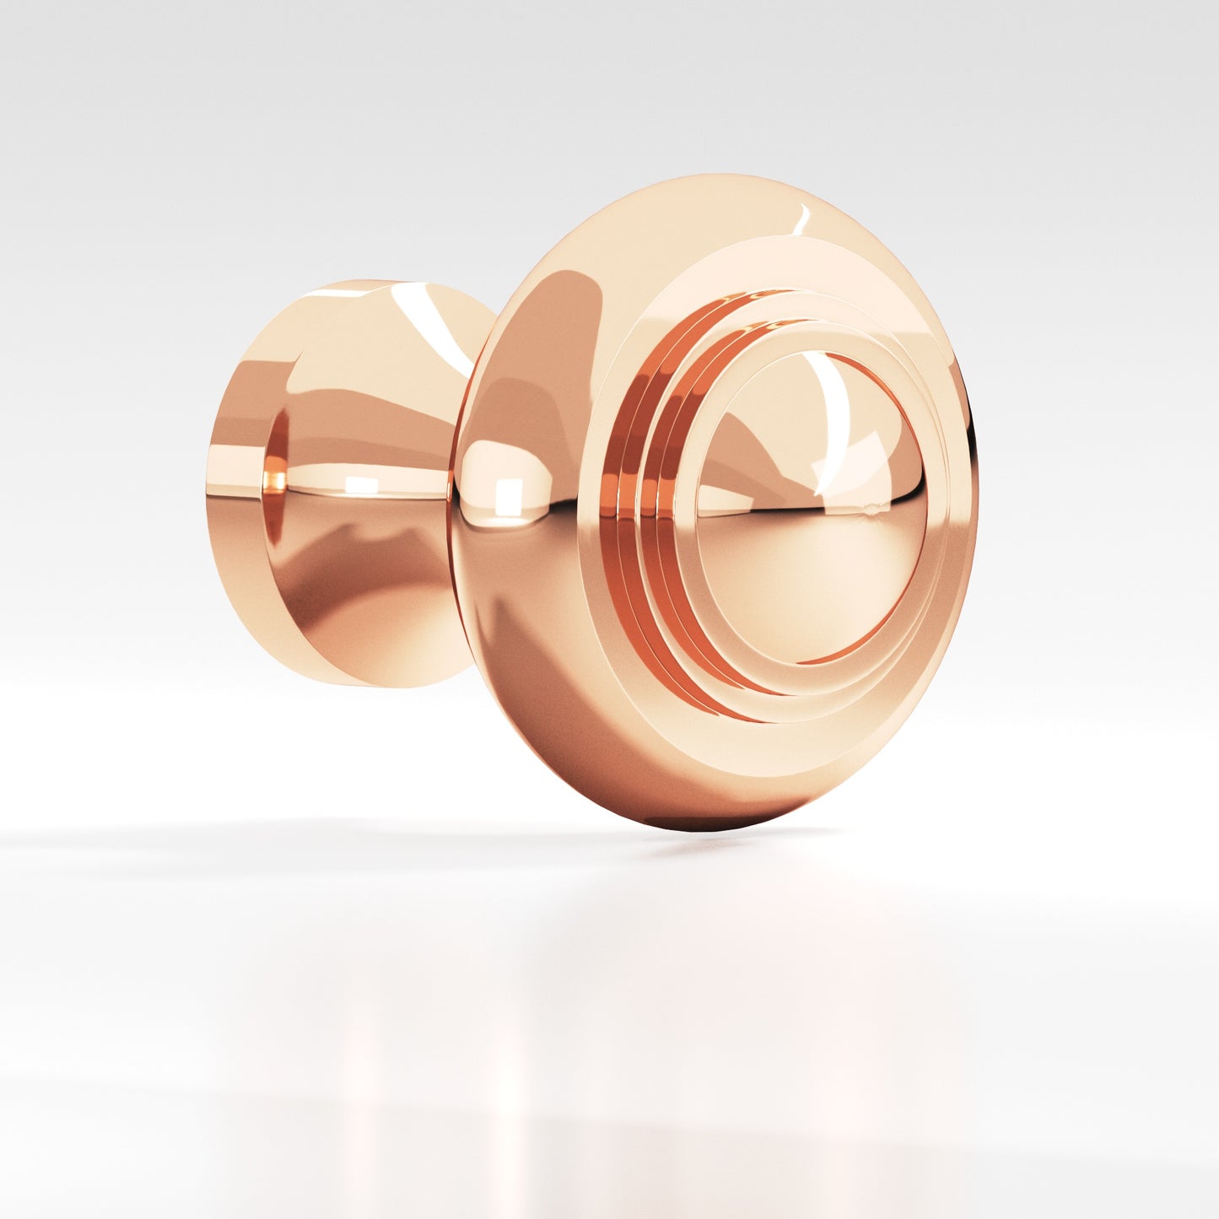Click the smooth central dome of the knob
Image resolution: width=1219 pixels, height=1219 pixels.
(x=810, y=540)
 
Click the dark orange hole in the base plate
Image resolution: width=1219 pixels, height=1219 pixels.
(x=276, y=460)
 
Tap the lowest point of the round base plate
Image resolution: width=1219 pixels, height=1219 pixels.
(x=380, y=685)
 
